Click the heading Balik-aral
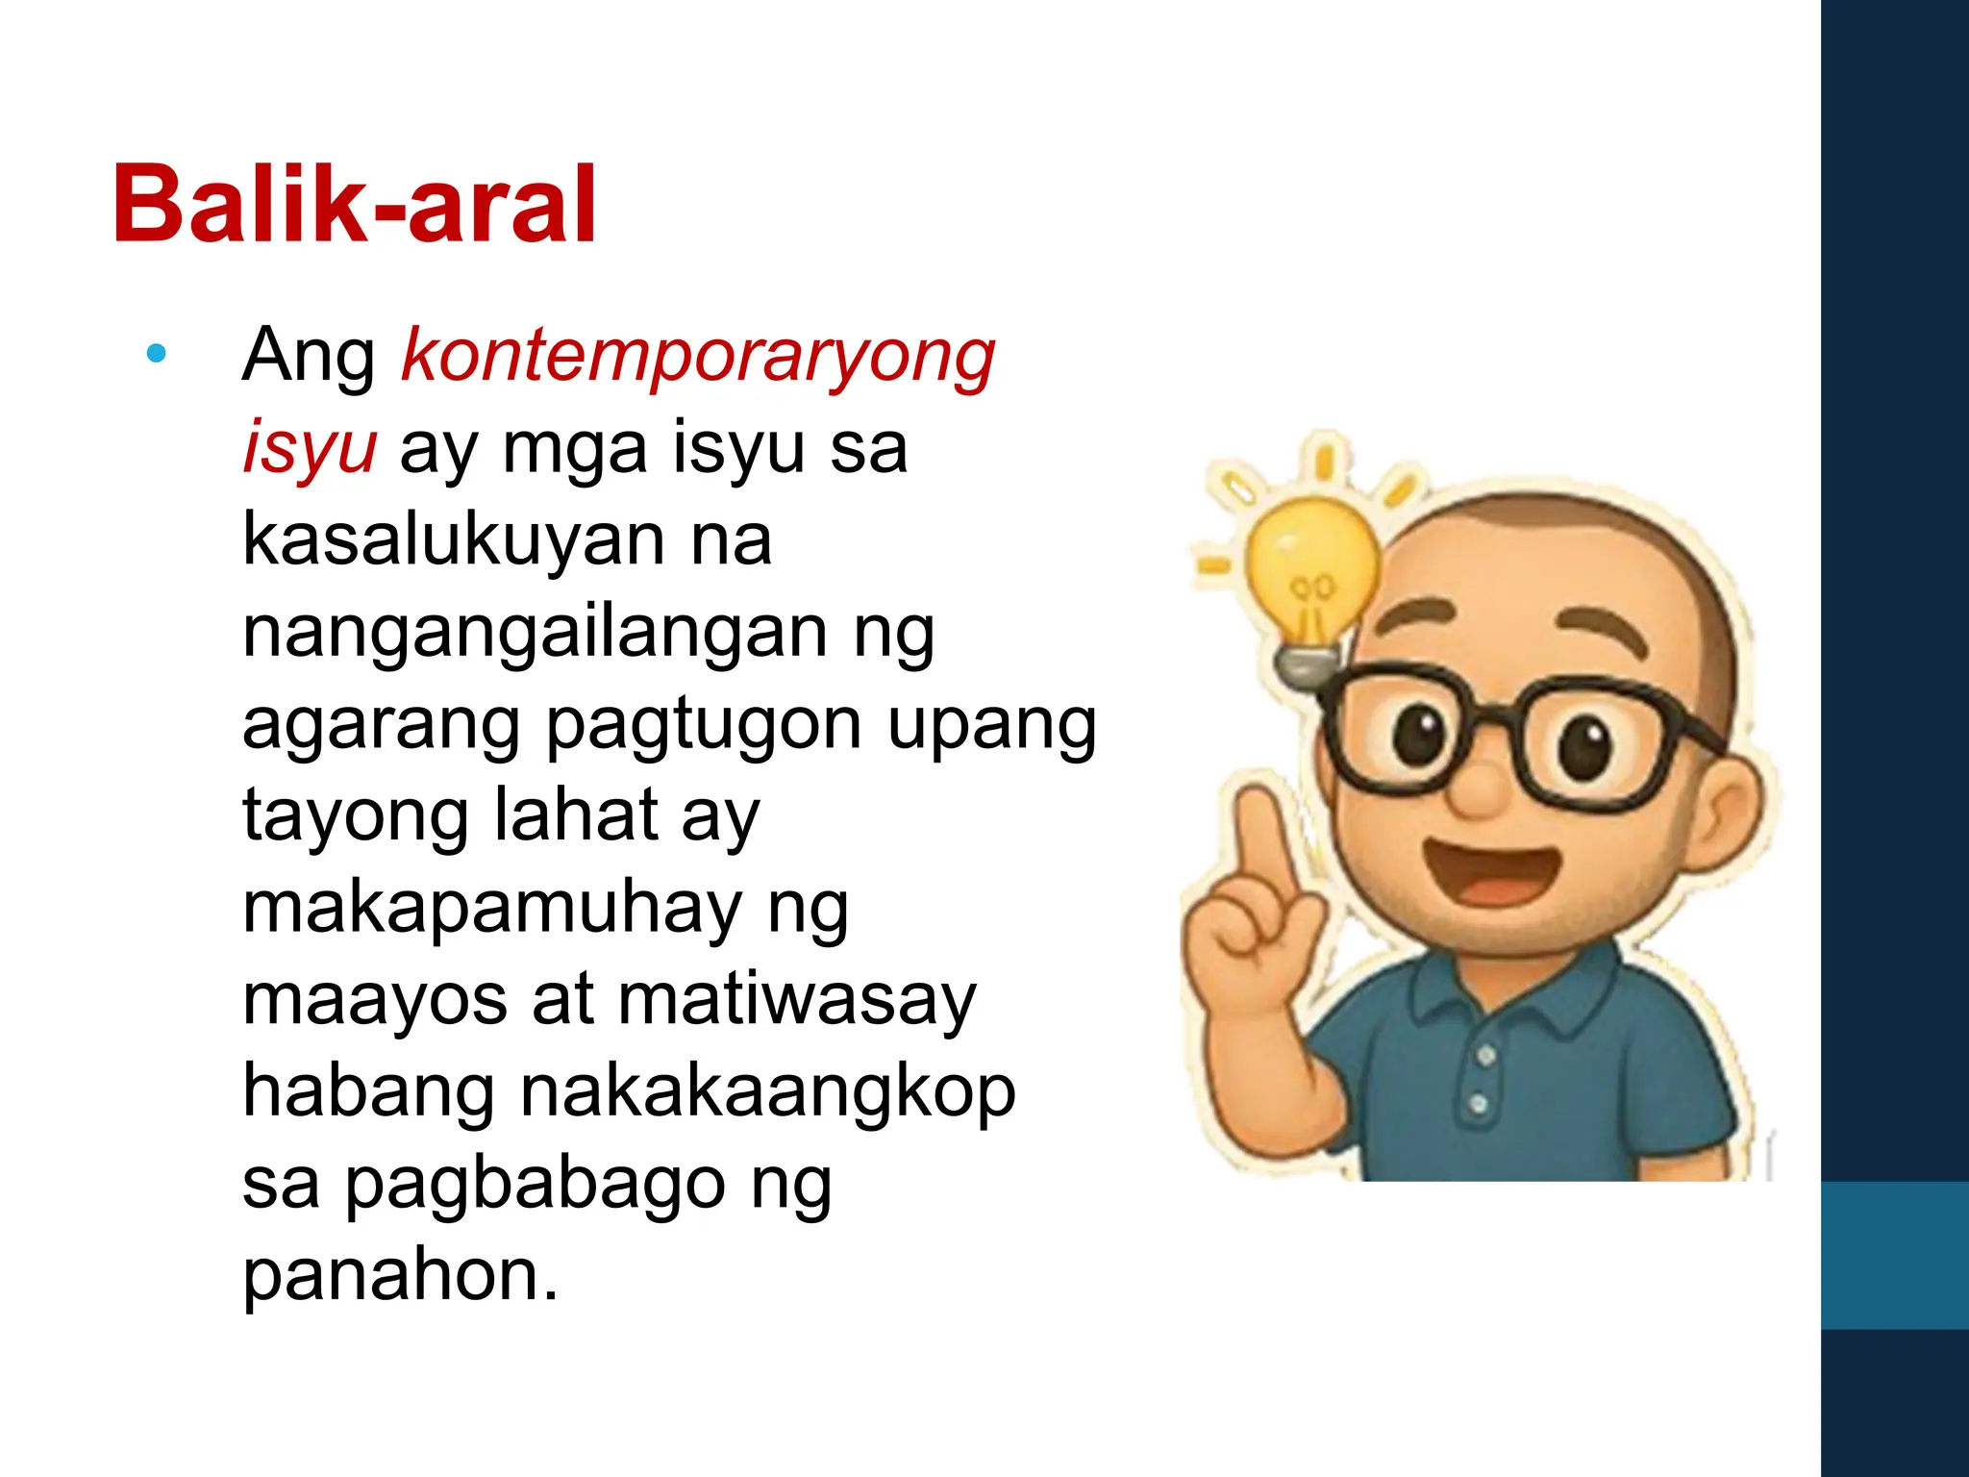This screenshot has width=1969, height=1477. [355, 205]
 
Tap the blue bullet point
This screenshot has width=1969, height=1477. [156, 354]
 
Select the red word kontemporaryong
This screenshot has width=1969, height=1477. [698, 356]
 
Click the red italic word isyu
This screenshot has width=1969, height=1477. [309, 448]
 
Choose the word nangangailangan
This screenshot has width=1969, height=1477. [535, 633]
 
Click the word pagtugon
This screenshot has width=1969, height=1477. [705, 724]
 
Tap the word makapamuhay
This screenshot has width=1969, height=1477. [492, 909]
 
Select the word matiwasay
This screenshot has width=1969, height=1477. [796, 1000]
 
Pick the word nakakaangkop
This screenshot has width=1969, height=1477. [767, 1091]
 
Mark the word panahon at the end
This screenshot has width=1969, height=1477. [400, 1275]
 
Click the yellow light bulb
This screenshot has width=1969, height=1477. [1311, 567]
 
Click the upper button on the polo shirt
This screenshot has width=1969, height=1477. [1486, 1056]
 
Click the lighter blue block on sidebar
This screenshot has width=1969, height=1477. [1894, 1255]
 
